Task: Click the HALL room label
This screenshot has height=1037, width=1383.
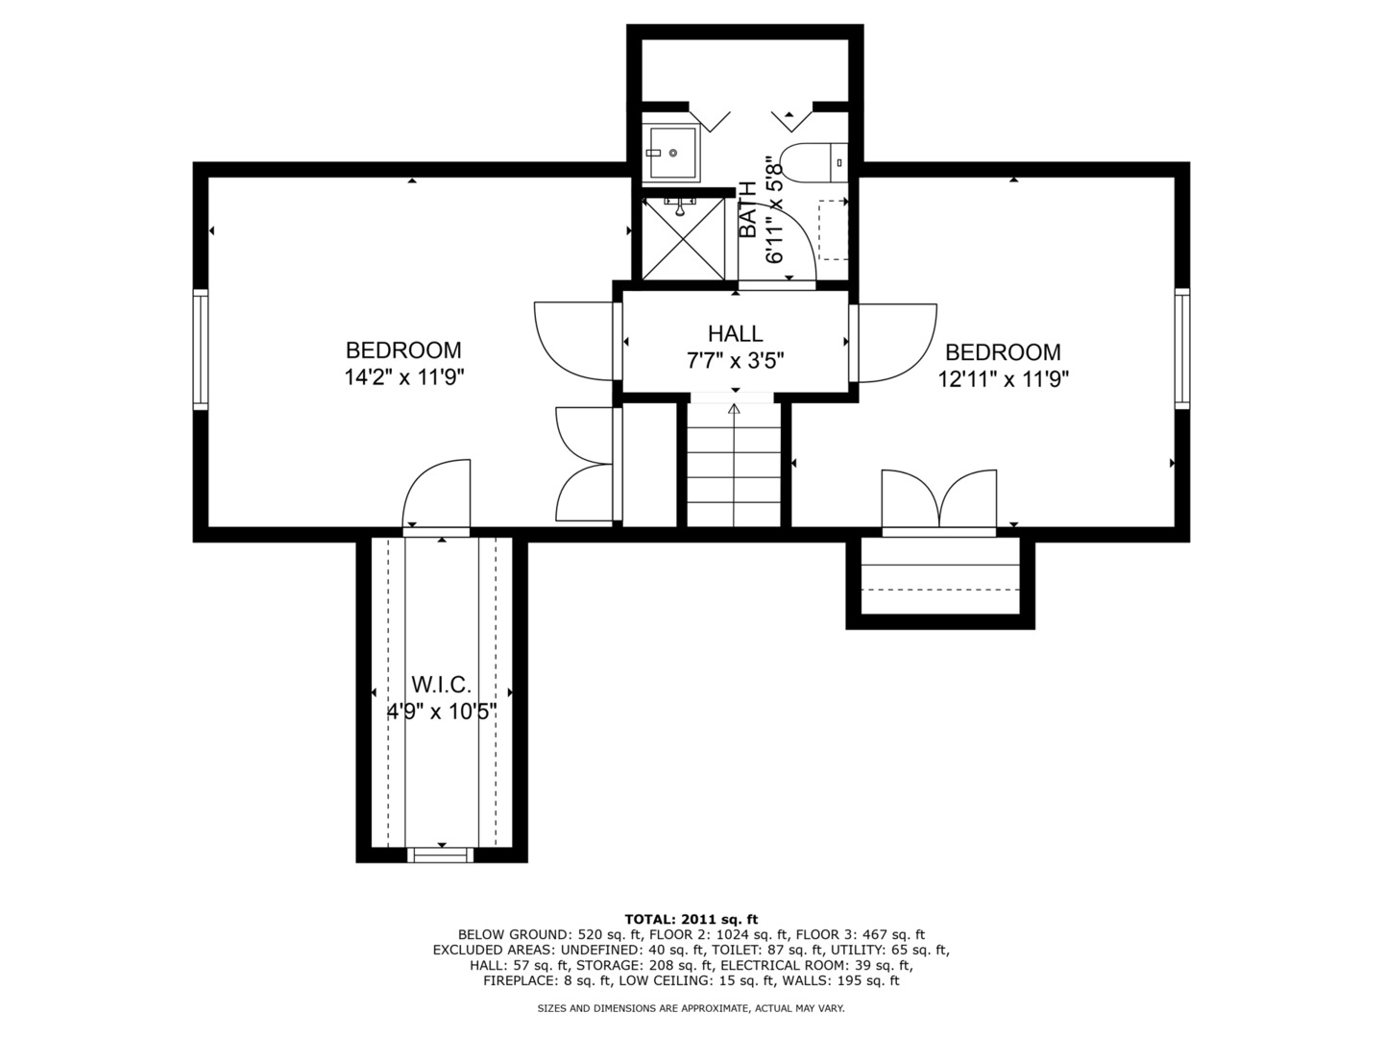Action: tap(735, 334)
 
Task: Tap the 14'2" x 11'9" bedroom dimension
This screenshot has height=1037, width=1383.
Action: tap(404, 377)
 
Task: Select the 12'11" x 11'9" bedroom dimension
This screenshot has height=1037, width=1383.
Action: tap(1004, 379)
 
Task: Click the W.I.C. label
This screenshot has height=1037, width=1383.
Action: tap(441, 686)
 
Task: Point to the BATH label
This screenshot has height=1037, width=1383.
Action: tap(748, 210)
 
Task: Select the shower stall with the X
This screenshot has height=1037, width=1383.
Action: tap(684, 236)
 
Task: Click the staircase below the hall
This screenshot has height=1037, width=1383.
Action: tap(735, 466)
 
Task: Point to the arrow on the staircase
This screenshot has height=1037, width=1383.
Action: tap(735, 409)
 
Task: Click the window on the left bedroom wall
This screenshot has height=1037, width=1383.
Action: tap(201, 350)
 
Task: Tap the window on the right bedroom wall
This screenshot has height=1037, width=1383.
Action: tap(1181, 349)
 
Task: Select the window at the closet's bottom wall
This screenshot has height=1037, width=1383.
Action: tap(441, 854)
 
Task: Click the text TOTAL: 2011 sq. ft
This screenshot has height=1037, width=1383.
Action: tap(691, 919)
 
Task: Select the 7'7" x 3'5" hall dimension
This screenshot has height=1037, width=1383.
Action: tap(735, 362)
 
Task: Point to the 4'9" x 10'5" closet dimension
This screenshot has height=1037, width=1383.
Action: tap(441, 712)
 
